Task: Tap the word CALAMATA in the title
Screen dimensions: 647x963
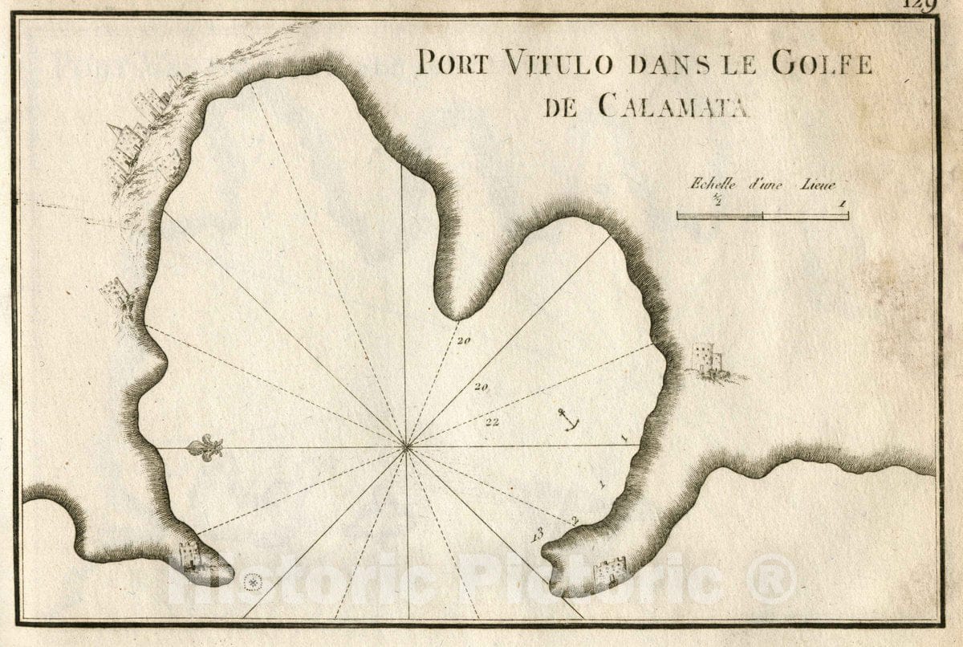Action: (x=672, y=106)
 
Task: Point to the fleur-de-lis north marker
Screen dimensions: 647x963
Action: (x=205, y=448)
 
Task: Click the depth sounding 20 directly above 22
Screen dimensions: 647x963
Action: (x=481, y=387)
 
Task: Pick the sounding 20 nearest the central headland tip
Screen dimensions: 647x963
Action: (x=463, y=340)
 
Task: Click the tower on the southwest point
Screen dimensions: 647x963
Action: (x=189, y=554)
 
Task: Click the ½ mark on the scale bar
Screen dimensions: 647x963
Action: (x=762, y=204)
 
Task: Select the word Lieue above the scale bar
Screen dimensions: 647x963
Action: (x=816, y=184)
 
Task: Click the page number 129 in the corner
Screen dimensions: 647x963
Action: (x=920, y=5)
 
